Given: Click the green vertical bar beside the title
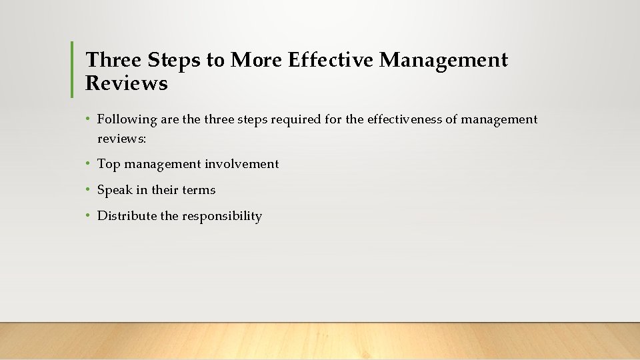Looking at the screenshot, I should pyautogui.click(x=72, y=69).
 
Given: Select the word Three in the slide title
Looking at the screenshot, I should pyautogui.click(x=113, y=61).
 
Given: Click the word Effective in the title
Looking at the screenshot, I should pyautogui.click(x=331, y=61).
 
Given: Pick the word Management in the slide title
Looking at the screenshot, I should pyautogui.click(x=443, y=61).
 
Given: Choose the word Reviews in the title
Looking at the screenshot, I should pyautogui.click(x=127, y=84).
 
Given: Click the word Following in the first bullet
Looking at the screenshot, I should pyautogui.click(x=127, y=120).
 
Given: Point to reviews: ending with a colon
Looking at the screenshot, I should pyautogui.click(x=122, y=139).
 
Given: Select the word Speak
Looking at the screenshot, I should pyautogui.click(x=115, y=190).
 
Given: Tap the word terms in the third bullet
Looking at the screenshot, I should pyautogui.click(x=199, y=190).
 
